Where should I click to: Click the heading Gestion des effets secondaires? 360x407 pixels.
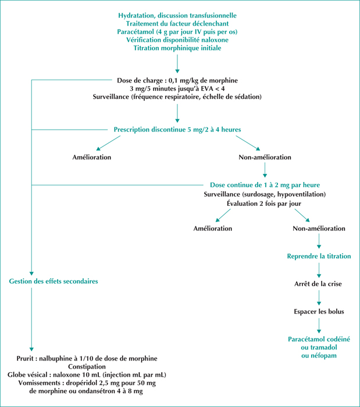pos(54,281)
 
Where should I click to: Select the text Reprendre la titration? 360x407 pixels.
pos(319,256)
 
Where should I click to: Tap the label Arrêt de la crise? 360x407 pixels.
pos(318,284)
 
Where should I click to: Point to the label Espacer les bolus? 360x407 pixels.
pos(319,312)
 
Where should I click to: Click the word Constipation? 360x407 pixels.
pos(87,367)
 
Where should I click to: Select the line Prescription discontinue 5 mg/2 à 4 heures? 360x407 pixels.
pos(177,130)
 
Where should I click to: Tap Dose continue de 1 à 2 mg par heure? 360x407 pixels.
pos(265,185)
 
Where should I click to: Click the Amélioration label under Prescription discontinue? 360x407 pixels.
pos(92,158)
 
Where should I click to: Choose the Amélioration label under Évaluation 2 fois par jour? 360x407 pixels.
pos(213,229)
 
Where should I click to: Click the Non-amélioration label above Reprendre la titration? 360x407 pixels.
pos(319,229)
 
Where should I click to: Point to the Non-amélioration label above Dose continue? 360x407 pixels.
pos(265,158)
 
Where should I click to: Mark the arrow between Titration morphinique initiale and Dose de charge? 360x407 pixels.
pos(177,63)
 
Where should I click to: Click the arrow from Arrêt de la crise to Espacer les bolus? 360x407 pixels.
pos(319,298)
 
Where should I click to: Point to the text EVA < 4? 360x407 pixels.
pos(213,88)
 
